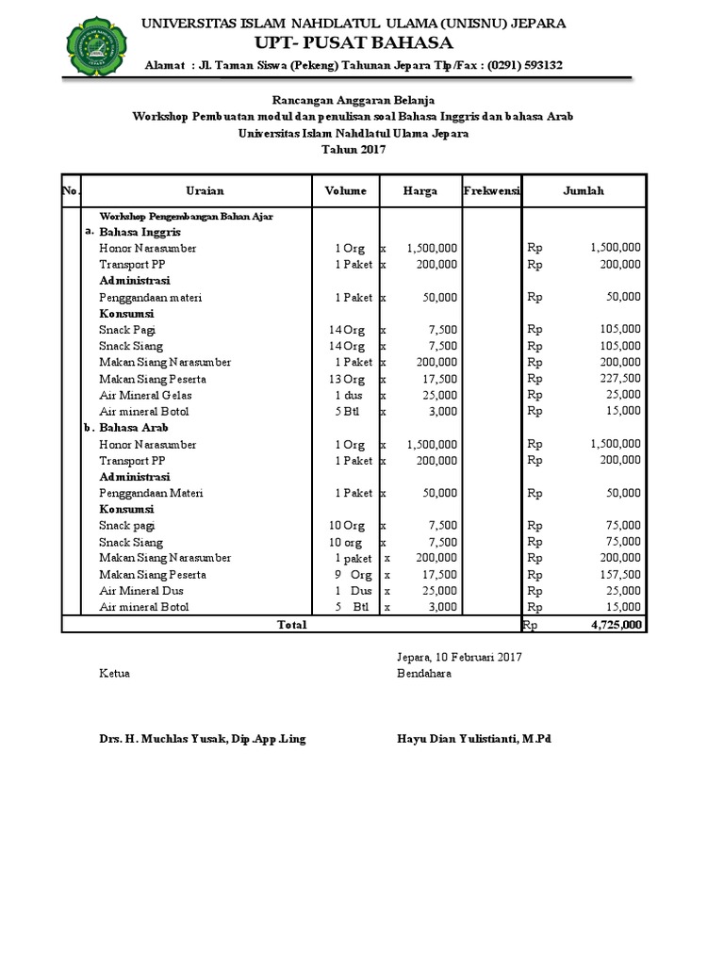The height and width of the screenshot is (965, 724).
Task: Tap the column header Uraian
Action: pyautogui.click(x=205, y=190)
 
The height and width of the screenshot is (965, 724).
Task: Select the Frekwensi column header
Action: pyautogui.click(x=491, y=190)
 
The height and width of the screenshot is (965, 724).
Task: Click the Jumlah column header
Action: pyautogui.click(x=584, y=190)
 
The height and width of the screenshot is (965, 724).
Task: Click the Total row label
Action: pyautogui.click(x=290, y=624)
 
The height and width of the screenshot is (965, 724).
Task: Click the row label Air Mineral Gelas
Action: pyautogui.click(x=146, y=395)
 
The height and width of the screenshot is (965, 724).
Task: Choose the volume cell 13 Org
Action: pyautogui.click(x=346, y=379)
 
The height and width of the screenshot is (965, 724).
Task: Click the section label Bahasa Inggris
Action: pyautogui.click(x=140, y=232)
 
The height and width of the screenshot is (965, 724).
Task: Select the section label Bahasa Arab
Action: pyautogui.click(x=134, y=428)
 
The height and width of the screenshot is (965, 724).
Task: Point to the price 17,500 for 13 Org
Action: pyautogui.click(x=434, y=379)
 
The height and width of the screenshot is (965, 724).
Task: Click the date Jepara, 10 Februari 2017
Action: pyautogui.click(x=459, y=657)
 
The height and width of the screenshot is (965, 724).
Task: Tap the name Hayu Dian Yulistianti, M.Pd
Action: pyautogui.click(x=474, y=739)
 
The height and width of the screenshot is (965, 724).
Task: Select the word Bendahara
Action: pyautogui.click(x=424, y=674)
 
